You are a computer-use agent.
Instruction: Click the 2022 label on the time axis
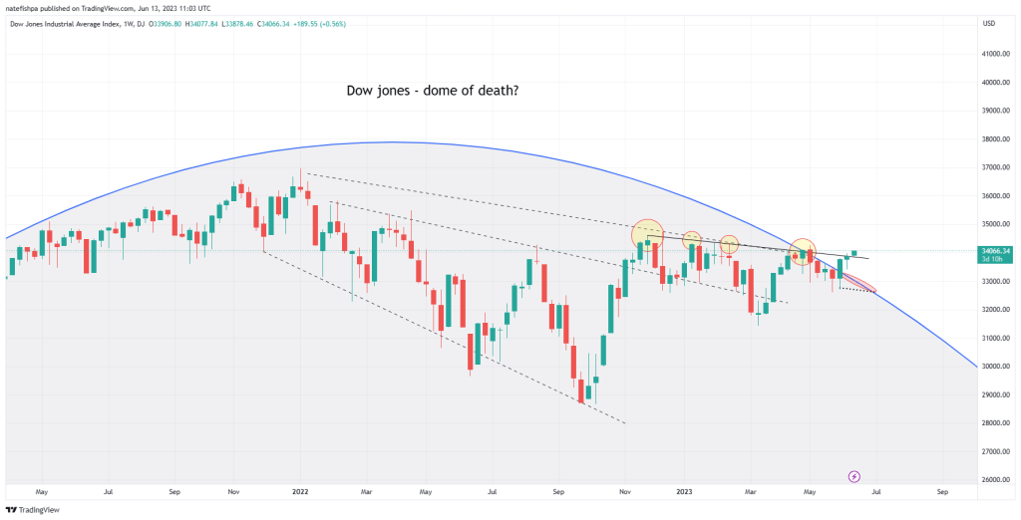pos(300,491)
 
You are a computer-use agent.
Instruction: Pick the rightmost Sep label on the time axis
pos(942,491)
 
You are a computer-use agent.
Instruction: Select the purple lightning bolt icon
pos(853,477)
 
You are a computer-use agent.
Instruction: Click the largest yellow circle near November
pos(647,235)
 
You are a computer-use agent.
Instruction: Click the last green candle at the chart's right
pos(854,253)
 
